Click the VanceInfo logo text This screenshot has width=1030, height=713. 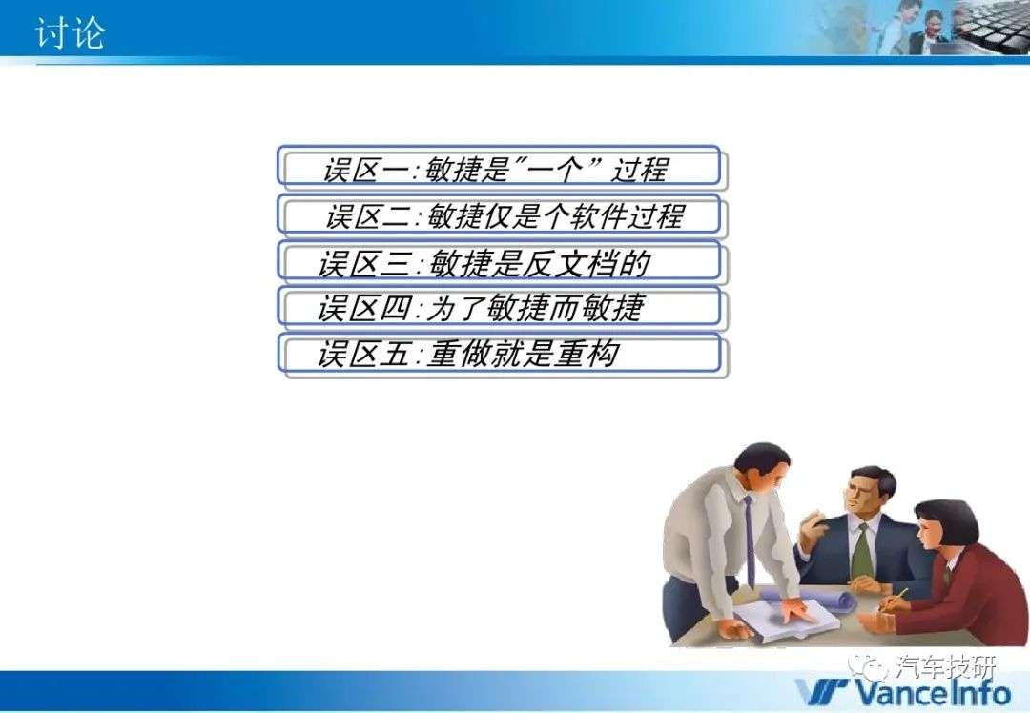(x=903, y=693)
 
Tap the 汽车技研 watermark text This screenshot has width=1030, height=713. (x=945, y=667)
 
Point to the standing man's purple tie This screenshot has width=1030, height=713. (x=750, y=541)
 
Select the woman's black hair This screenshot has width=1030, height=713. (x=947, y=522)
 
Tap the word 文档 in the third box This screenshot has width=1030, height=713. (x=587, y=263)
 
